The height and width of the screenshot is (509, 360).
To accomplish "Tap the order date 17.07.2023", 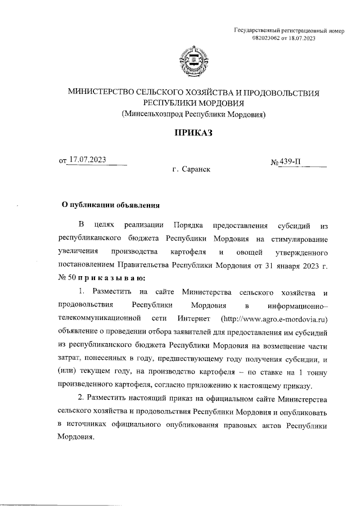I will (x=87, y=159).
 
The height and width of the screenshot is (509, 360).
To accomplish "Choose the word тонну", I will (x=314, y=372).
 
